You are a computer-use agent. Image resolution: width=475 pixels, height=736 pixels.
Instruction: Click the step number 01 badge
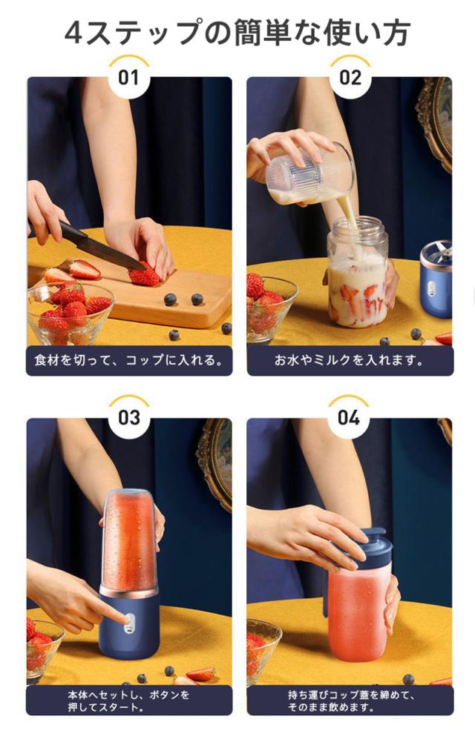point(128,77)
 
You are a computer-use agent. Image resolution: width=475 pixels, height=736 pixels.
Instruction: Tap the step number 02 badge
point(350,77)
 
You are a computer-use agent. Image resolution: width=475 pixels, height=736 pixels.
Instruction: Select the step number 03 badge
point(128,417)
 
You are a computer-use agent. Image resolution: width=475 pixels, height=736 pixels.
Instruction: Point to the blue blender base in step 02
point(436,279)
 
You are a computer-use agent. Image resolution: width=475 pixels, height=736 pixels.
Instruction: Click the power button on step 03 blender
point(128,621)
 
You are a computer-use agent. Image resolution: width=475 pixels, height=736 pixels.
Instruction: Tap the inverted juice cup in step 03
point(128,538)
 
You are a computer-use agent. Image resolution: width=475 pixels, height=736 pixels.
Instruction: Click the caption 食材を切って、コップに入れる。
point(128,360)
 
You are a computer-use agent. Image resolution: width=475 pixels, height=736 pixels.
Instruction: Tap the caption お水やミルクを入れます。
point(349,360)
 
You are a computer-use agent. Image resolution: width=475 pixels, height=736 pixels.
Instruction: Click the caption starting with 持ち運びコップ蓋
point(350,700)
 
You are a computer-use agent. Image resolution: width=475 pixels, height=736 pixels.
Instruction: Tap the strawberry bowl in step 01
point(71,312)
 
